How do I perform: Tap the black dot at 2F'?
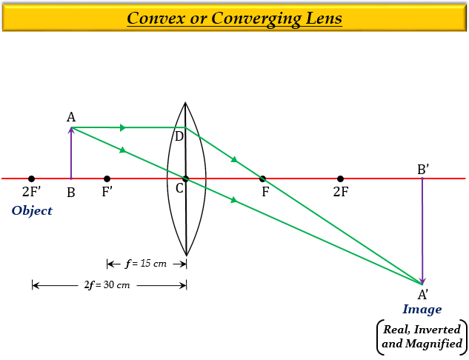tap(31, 179)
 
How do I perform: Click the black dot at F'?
tap(107, 179)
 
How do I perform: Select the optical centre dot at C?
tap(185, 179)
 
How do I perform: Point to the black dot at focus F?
tap(262, 179)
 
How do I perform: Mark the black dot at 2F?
tap(340, 179)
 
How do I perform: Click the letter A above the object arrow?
tap(71, 117)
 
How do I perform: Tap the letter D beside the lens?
tap(179, 136)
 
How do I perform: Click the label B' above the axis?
tap(423, 170)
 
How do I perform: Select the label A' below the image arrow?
tap(423, 295)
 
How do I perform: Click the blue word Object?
tap(32, 211)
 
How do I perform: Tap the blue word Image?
tap(422, 309)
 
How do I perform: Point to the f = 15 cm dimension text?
tap(146, 264)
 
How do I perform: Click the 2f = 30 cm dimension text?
tap(107, 284)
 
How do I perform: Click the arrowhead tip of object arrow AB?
tap(71, 127)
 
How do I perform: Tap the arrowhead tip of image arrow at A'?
tap(422, 284)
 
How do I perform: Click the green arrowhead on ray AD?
tap(123, 127)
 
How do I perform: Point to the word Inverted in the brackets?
tap(437, 329)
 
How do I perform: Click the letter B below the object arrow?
tap(71, 193)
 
